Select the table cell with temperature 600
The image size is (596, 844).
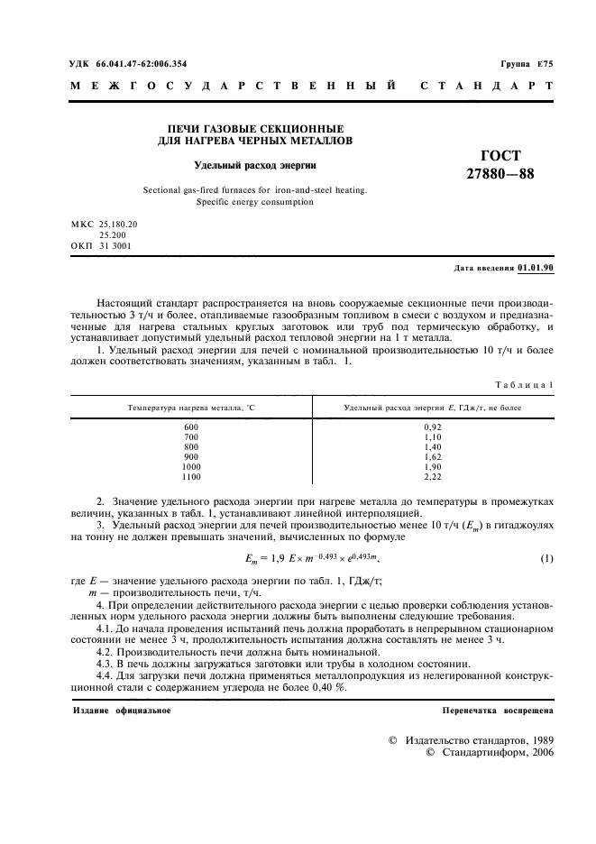coord(189,427)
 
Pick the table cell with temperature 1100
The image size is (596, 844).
coord(190,476)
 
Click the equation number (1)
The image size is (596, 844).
coord(546,559)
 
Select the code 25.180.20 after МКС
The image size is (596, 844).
coord(120,223)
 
